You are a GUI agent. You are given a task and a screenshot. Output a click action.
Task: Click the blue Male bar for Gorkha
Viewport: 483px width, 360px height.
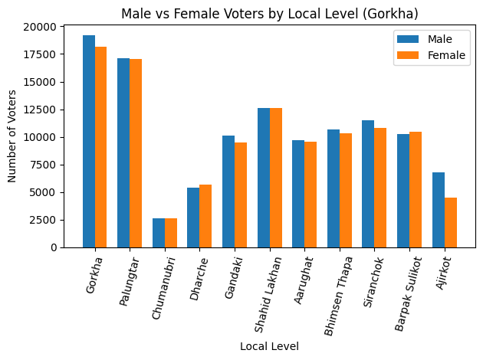89,142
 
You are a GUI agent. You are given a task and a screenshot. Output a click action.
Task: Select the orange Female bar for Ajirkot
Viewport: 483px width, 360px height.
451,223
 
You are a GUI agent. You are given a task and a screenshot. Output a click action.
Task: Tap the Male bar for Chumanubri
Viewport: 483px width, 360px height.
159,233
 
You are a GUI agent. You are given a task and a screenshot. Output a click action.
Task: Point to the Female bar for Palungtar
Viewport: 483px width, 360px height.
136,153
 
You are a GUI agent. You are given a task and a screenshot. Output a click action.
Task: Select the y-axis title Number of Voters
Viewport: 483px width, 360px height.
12,137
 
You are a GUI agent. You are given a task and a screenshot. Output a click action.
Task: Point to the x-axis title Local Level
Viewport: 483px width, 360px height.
268,347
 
